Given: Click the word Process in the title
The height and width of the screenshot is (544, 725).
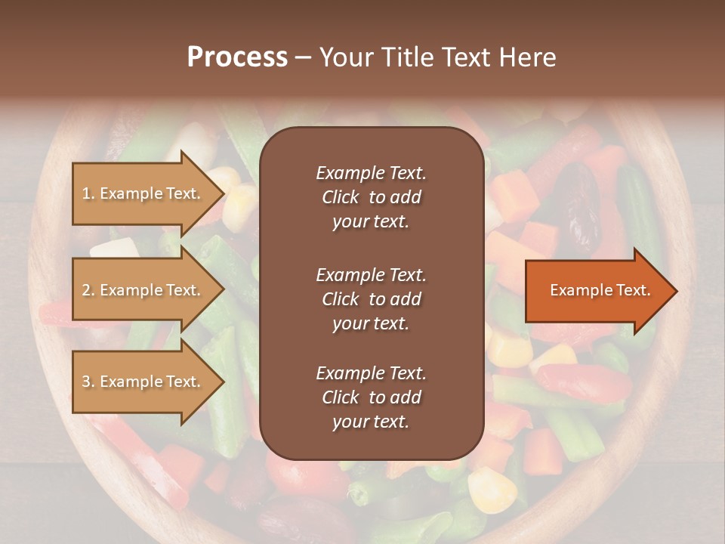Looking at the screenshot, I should tap(237, 57).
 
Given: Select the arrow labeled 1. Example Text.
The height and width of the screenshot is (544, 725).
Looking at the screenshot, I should tap(143, 193).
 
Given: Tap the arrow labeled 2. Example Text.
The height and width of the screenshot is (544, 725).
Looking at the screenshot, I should tap(143, 290).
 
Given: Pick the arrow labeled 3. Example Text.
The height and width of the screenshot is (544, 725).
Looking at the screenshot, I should tap(143, 382).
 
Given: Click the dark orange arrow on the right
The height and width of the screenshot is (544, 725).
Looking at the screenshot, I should tap(597, 291).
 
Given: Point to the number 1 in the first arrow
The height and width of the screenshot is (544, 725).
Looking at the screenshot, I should tap(85, 193).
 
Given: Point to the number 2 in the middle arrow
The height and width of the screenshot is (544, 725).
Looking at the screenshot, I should tap(85, 290).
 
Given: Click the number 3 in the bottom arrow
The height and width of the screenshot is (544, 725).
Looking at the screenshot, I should tap(85, 382).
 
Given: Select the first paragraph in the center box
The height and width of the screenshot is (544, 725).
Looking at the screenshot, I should tap(371, 197).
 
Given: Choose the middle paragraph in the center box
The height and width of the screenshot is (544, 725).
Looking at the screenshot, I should tap(371, 299).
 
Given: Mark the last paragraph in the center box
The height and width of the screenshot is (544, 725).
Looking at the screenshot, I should tap(371, 397).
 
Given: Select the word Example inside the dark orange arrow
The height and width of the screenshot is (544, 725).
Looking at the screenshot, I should tap(577, 290).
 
